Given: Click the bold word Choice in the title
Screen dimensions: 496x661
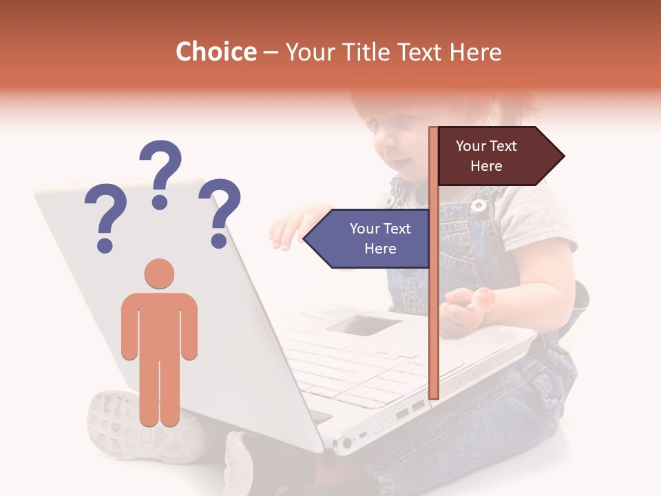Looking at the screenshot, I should [216, 52].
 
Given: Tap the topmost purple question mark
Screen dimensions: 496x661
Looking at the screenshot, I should [160, 173].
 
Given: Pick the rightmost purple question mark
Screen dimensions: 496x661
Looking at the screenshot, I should [220, 212].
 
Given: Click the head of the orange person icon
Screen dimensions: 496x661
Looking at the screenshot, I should [159, 273].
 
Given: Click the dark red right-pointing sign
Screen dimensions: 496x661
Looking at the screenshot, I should [489, 156].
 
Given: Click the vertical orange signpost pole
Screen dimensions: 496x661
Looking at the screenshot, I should [434, 310].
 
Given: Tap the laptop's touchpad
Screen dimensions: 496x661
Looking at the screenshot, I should [363, 324].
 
